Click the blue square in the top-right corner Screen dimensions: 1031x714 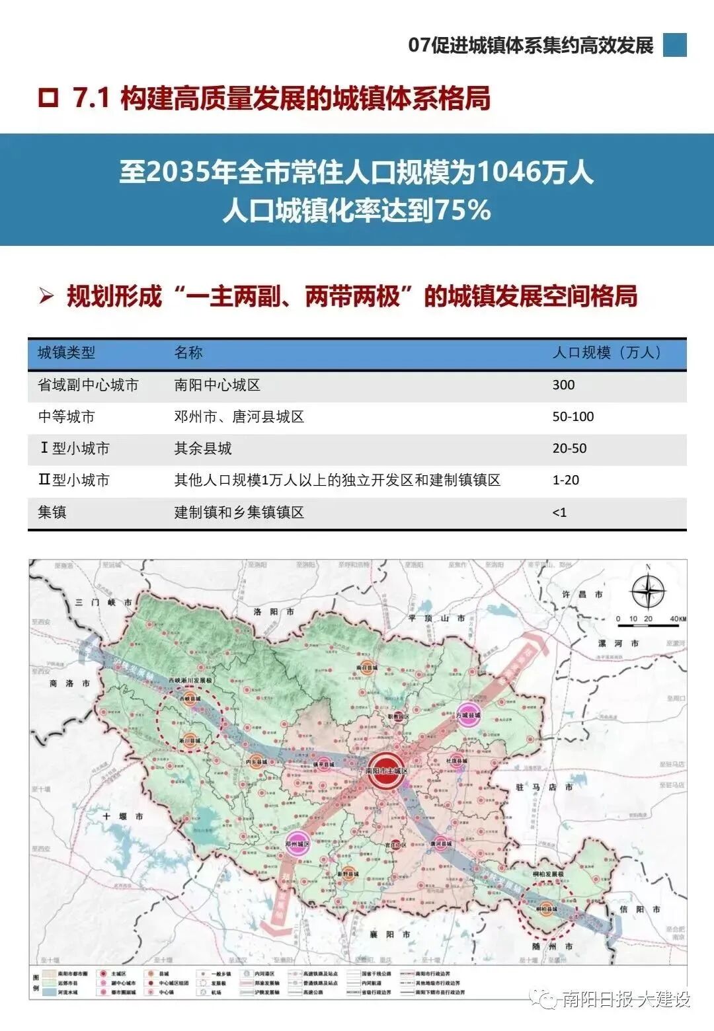674,45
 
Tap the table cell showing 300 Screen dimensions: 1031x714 563,385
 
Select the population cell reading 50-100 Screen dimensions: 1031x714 573,417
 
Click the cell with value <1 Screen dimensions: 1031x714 559,513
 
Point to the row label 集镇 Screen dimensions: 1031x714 52,513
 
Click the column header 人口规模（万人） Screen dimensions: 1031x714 607,353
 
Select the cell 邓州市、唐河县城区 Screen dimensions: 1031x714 239,417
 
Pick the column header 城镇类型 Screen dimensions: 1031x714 66,353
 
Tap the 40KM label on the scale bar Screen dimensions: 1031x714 678,619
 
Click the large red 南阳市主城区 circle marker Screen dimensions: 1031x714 386,770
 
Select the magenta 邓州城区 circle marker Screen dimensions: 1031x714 297,844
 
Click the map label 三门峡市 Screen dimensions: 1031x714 103,602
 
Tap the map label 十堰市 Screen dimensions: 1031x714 123,817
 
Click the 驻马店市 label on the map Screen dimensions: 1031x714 543,787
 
